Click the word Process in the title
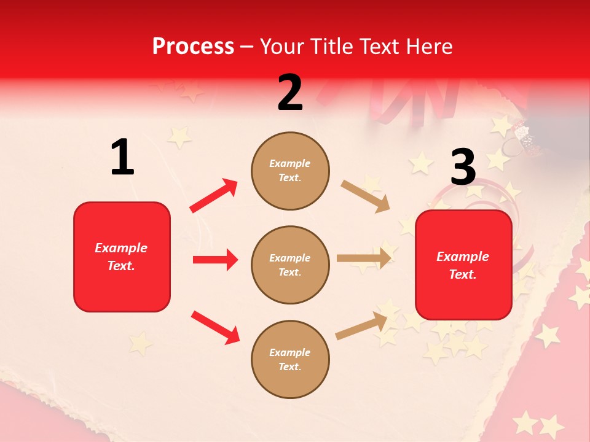pyautogui.click(x=193, y=47)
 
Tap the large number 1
pyautogui.click(x=122, y=158)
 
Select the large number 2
pyautogui.click(x=290, y=93)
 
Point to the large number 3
pyautogui.click(x=463, y=167)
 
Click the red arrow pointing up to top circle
pyautogui.click(x=213, y=196)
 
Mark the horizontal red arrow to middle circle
pyautogui.click(x=215, y=260)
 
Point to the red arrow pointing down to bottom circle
pyautogui.click(x=215, y=327)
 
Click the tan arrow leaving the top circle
pyautogui.click(x=365, y=196)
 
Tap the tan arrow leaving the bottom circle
pyautogui.click(x=362, y=325)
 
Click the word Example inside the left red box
pyautogui.click(x=121, y=248)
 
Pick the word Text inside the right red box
pyautogui.click(x=462, y=274)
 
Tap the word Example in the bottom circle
pyautogui.click(x=290, y=352)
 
